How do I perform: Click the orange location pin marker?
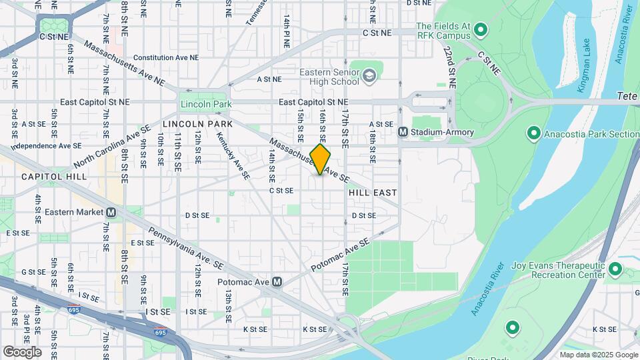coord(320,159)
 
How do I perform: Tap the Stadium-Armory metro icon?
coord(403,132)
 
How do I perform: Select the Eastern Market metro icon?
coord(111,212)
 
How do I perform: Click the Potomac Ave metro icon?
coord(277,282)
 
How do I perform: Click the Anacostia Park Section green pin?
coord(533,133)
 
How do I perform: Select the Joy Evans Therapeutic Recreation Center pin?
coord(615,270)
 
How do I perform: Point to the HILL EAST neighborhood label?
coord(373,192)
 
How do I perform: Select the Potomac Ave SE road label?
coord(339,256)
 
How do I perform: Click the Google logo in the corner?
coord(22,351)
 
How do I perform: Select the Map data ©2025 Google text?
coord(598,355)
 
